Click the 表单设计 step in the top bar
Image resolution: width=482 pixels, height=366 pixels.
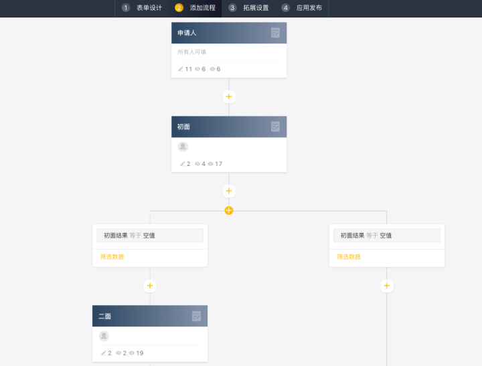[x=149, y=8]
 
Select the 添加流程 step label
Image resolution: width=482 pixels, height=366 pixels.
[x=203, y=8]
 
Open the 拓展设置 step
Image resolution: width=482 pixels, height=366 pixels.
[x=256, y=8]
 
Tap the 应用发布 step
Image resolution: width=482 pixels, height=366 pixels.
[x=309, y=8]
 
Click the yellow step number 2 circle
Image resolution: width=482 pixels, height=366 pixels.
[x=179, y=8]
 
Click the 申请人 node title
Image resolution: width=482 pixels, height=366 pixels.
[x=187, y=33]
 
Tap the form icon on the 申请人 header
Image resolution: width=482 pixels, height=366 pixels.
[x=275, y=33]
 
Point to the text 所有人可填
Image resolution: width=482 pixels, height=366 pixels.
[x=192, y=52]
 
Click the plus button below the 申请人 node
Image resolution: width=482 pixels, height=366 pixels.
[x=229, y=97]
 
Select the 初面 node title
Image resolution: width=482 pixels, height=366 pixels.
[x=184, y=126]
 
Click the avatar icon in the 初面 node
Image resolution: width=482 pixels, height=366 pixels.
[x=183, y=147]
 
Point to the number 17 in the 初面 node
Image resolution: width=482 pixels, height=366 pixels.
[x=218, y=164]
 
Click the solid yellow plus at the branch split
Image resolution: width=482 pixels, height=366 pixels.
[x=229, y=210]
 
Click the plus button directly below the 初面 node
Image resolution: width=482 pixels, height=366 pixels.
[x=229, y=191]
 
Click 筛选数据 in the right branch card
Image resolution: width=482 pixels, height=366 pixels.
[x=349, y=257]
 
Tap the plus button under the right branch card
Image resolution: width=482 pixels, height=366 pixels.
[x=387, y=286]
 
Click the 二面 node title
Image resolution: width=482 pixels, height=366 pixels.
[x=105, y=316]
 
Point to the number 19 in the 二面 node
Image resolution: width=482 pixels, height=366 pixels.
[x=139, y=353]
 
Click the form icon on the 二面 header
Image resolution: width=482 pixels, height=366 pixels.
[x=196, y=316]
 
